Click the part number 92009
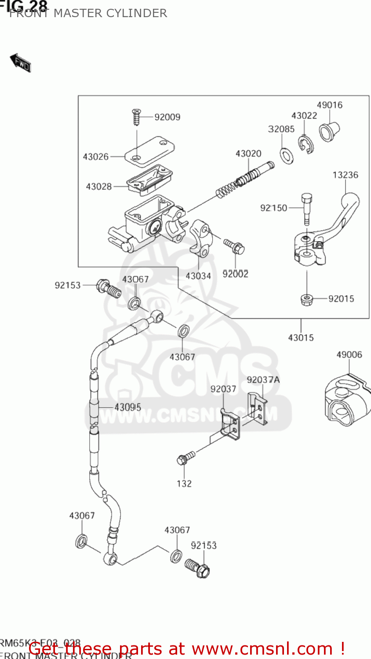click(x=167, y=117)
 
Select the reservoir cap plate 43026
click(x=149, y=151)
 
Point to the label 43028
click(x=99, y=187)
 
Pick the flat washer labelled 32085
click(x=287, y=156)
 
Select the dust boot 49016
click(x=329, y=130)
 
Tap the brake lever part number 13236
click(x=345, y=175)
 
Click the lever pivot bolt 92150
click(x=307, y=210)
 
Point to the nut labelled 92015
click(x=306, y=300)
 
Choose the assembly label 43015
click(x=301, y=338)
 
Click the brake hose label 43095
click(x=127, y=407)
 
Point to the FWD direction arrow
click(x=21, y=62)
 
